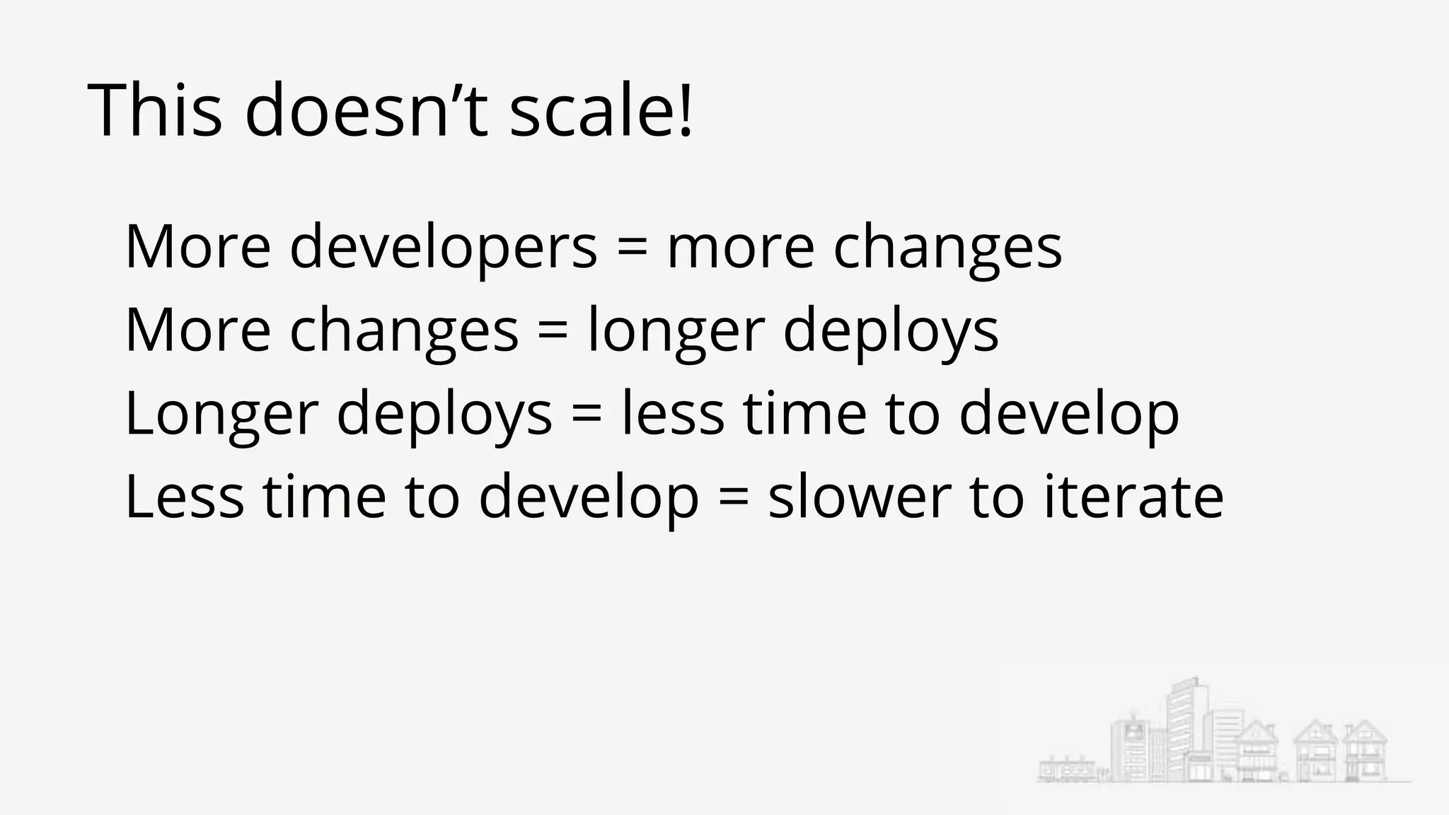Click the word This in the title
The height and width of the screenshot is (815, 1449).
coord(155,111)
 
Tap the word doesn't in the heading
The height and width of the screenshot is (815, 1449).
coord(366,111)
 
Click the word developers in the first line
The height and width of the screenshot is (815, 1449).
coord(444,248)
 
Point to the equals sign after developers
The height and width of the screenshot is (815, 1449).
coord(632,248)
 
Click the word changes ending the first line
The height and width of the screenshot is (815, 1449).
coord(947,248)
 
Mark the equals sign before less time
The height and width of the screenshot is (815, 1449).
coord(586,415)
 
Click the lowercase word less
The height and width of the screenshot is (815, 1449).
coord(673,415)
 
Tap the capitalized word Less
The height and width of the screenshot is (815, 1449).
coord(185,497)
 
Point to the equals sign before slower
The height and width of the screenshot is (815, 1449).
coord(733,497)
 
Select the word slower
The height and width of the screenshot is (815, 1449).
coord(860,497)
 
